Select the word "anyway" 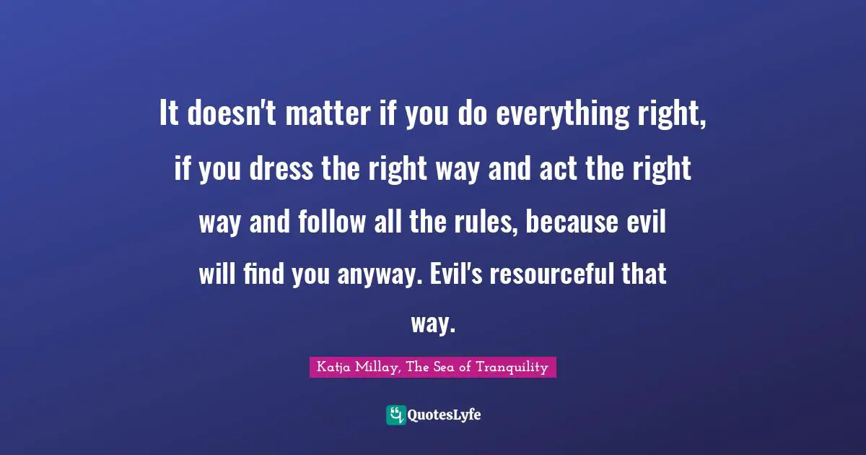[375, 275]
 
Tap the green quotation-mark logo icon [395, 415]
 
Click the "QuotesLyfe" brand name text [445, 415]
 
